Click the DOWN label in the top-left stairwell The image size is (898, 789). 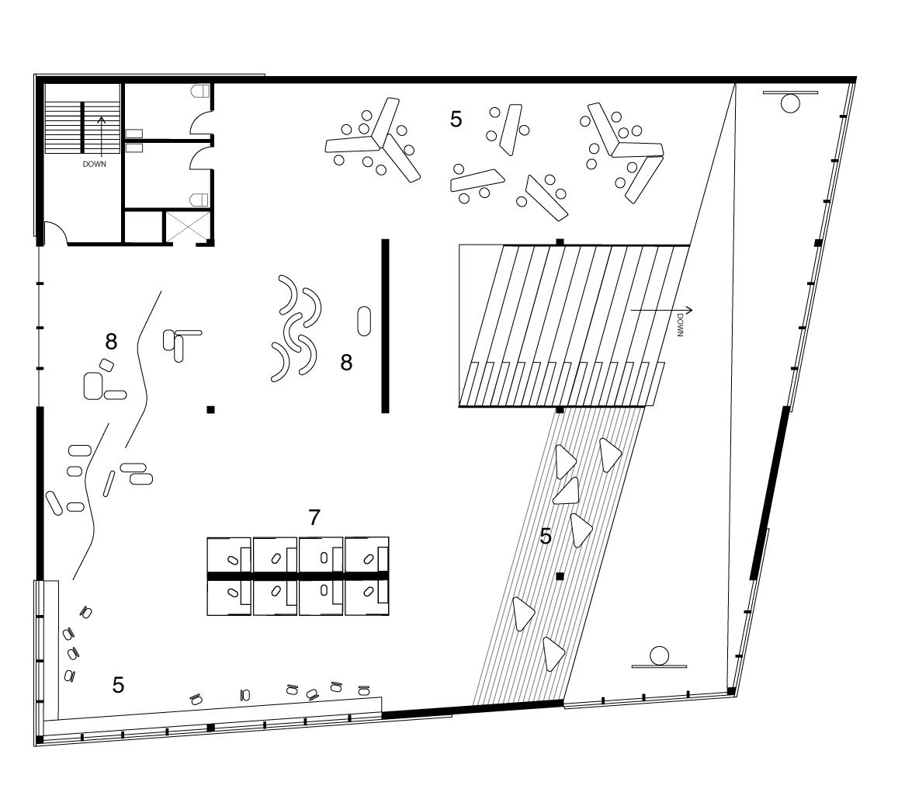(x=95, y=165)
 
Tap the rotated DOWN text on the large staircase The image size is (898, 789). (x=681, y=325)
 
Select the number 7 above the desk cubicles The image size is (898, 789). (x=314, y=517)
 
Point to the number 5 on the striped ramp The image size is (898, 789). (x=546, y=536)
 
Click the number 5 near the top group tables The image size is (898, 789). (x=456, y=119)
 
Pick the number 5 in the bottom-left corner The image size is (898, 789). (x=118, y=685)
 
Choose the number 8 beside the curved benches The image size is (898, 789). (x=346, y=362)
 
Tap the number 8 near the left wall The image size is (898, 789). (x=111, y=340)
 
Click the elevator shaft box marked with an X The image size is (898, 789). (x=187, y=227)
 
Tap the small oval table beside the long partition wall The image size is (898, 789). (x=364, y=320)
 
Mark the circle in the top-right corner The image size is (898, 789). (x=790, y=103)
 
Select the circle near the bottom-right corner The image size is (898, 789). (x=660, y=655)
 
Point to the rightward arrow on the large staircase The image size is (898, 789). (x=660, y=311)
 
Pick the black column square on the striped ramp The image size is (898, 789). (x=560, y=576)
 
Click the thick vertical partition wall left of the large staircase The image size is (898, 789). (x=385, y=325)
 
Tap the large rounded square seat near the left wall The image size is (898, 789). (x=93, y=386)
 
